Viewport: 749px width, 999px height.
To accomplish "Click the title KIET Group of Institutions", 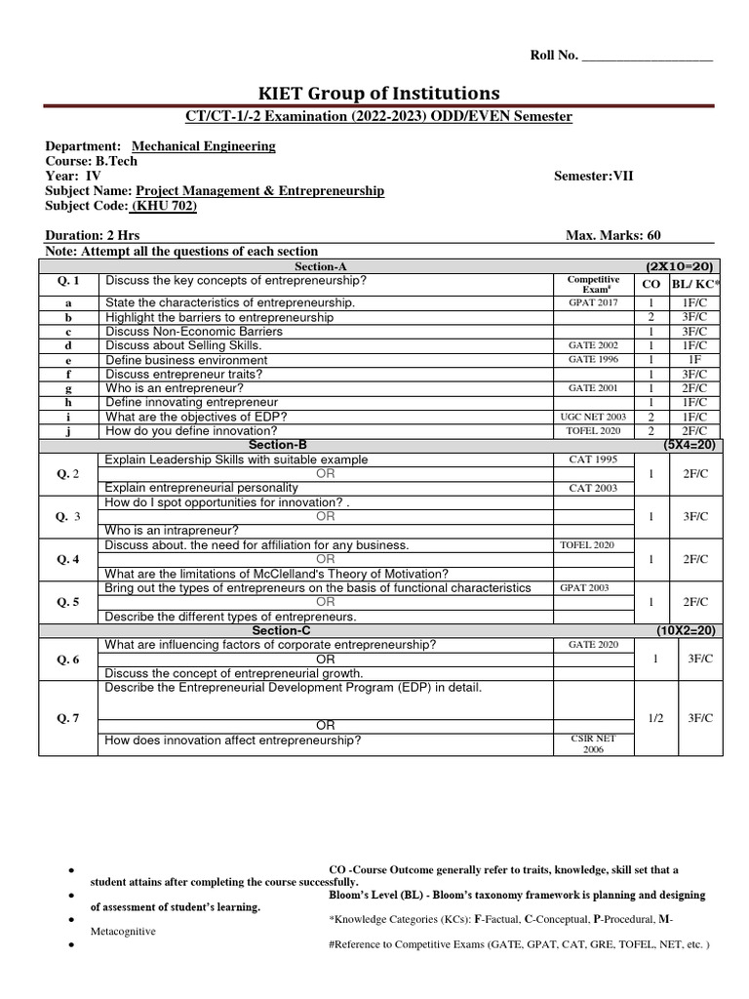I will coord(378,93).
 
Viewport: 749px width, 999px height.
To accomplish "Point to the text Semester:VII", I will coord(593,176).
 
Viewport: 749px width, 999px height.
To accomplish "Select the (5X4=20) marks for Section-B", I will coord(690,445).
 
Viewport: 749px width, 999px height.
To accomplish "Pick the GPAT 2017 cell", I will coord(593,303).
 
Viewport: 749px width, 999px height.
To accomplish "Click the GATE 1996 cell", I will coord(593,359).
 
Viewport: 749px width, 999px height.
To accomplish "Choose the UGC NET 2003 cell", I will coord(593,417).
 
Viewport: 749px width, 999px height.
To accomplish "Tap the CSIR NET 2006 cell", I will coord(593,744).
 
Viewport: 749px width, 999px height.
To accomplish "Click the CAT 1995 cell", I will coord(593,459).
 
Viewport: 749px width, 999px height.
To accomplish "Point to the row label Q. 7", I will coord(70,718).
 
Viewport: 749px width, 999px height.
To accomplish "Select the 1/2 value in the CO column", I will coord(655,718).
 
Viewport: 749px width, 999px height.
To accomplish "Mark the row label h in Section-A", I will coord(68,402).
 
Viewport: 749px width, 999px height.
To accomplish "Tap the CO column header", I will coord(651,284).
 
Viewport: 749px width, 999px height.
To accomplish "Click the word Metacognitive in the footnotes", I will coord(123,931).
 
